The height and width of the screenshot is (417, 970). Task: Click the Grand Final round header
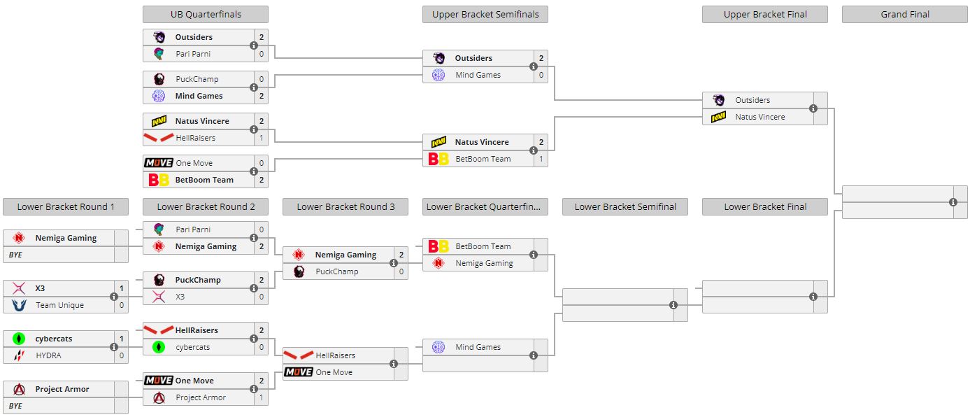click(x=904, y=14)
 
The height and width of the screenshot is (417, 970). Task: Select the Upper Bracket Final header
click(x=764, y=14)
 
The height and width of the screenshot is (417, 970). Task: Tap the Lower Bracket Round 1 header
click(x=65, y=206)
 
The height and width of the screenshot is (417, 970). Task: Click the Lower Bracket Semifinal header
click(x=625, y=206)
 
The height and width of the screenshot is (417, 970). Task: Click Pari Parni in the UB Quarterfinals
click(x=192, y=54)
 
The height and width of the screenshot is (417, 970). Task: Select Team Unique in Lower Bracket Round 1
click(x=59, y=305)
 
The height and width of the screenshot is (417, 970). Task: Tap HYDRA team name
click(x=48, y=355)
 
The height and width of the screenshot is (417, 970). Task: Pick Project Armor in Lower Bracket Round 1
click(x=62, y=389)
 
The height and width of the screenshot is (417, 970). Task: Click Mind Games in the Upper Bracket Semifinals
click(x=478, y=75)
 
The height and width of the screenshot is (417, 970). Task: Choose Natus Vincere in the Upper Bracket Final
click(x=759, y=117)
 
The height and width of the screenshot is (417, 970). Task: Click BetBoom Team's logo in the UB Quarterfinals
click(x=159, y=180)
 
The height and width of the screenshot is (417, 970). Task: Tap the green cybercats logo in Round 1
click(x=19, y=339)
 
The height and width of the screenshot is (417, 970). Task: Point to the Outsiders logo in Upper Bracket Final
click(x=718, y=100)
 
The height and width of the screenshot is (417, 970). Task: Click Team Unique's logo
click(x=19, y=305)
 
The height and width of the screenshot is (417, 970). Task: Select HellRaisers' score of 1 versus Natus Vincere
click(x=261, y=138)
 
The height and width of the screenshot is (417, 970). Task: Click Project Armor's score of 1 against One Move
click(x=261, y=397)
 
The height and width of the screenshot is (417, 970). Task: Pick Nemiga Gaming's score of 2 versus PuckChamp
click(x=401, y=255)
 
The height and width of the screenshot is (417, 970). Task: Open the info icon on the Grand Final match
click(x=953, y=202)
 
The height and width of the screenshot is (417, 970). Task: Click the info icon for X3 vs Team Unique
click(x=114, y=297)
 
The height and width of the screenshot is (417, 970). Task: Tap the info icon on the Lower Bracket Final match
click(x=813, y=297)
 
